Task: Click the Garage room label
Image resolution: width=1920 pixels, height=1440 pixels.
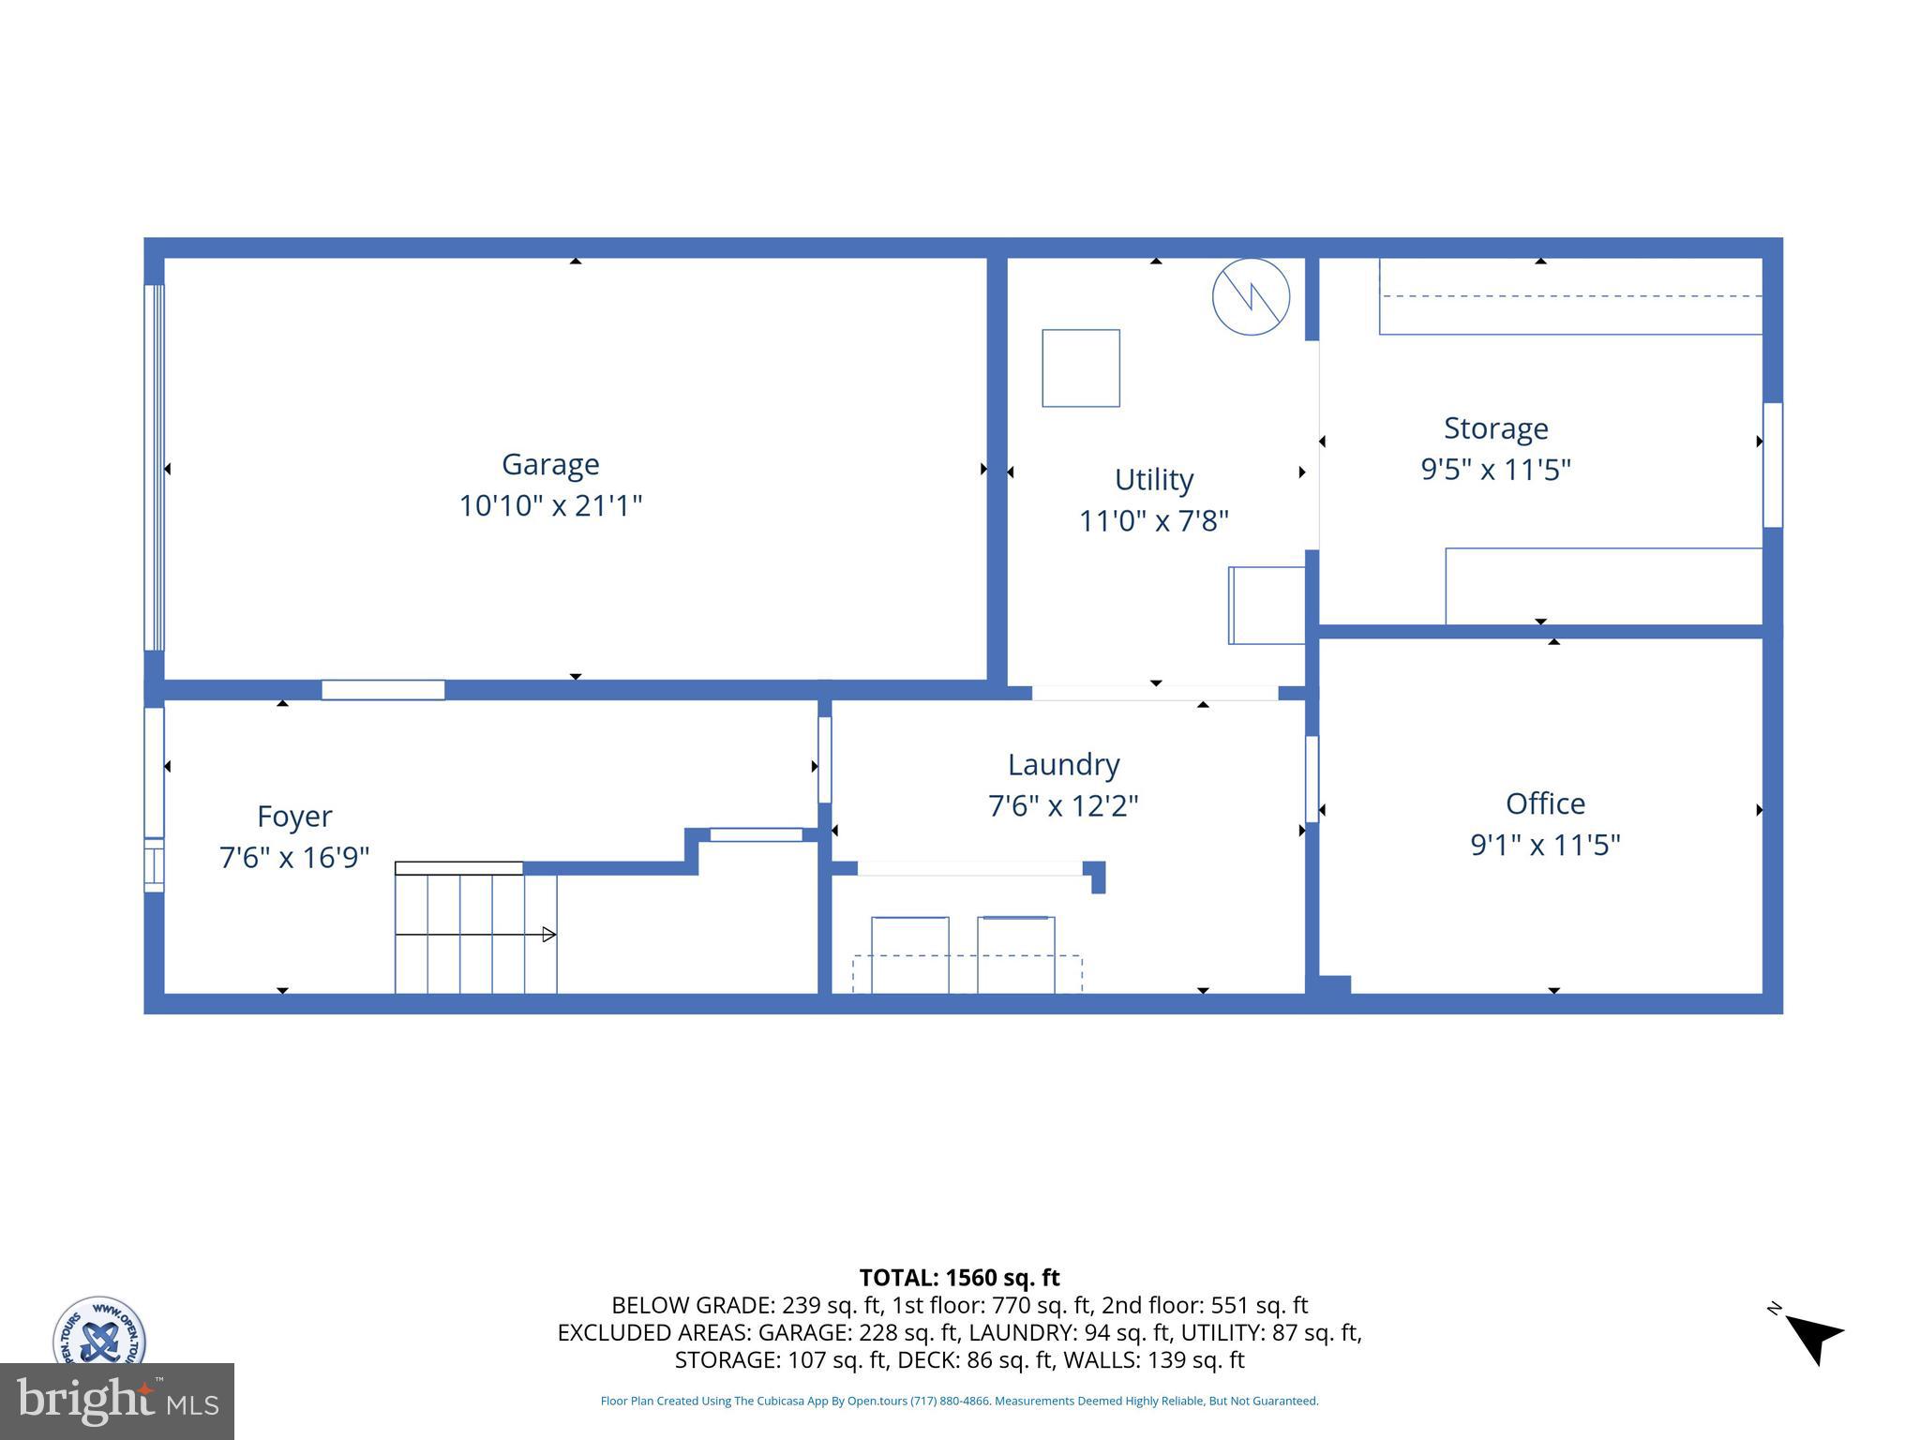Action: pos(550,464)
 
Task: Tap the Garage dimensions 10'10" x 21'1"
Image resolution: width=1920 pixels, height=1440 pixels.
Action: pos(550,506)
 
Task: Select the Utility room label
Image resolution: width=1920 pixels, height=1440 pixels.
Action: pos(1153,479)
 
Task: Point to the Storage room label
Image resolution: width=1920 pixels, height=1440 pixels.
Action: pos(1495,427)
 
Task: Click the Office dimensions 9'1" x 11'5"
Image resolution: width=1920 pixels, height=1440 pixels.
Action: pos(1545,845)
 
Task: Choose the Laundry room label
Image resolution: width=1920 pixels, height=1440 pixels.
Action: pos(1063,764)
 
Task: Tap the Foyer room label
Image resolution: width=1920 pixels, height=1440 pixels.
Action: pos(294,816)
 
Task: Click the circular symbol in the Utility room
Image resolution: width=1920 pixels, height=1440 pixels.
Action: pos(1251,297)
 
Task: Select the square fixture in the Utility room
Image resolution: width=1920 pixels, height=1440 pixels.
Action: pos(1081,367)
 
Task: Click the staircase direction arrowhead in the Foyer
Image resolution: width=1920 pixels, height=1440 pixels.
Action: pos(549,935)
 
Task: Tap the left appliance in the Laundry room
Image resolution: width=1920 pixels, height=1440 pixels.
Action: pos(909,953)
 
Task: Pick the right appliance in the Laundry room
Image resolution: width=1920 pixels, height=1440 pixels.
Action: pos(1015,953)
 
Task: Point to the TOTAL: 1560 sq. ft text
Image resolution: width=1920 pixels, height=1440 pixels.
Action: pos(959,1278)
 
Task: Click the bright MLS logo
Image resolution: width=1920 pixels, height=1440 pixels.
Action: pos(117,1402)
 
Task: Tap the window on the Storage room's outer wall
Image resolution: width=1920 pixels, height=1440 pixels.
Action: pos(1772,465)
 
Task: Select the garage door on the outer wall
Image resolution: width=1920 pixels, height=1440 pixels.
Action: pos(154,467)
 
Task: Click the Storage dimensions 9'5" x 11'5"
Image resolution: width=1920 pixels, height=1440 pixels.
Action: pos(1495,469)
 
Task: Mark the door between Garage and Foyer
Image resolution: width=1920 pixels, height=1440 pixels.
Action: pos(382,690)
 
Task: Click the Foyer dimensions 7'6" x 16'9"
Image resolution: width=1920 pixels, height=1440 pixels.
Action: pos(294,857)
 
